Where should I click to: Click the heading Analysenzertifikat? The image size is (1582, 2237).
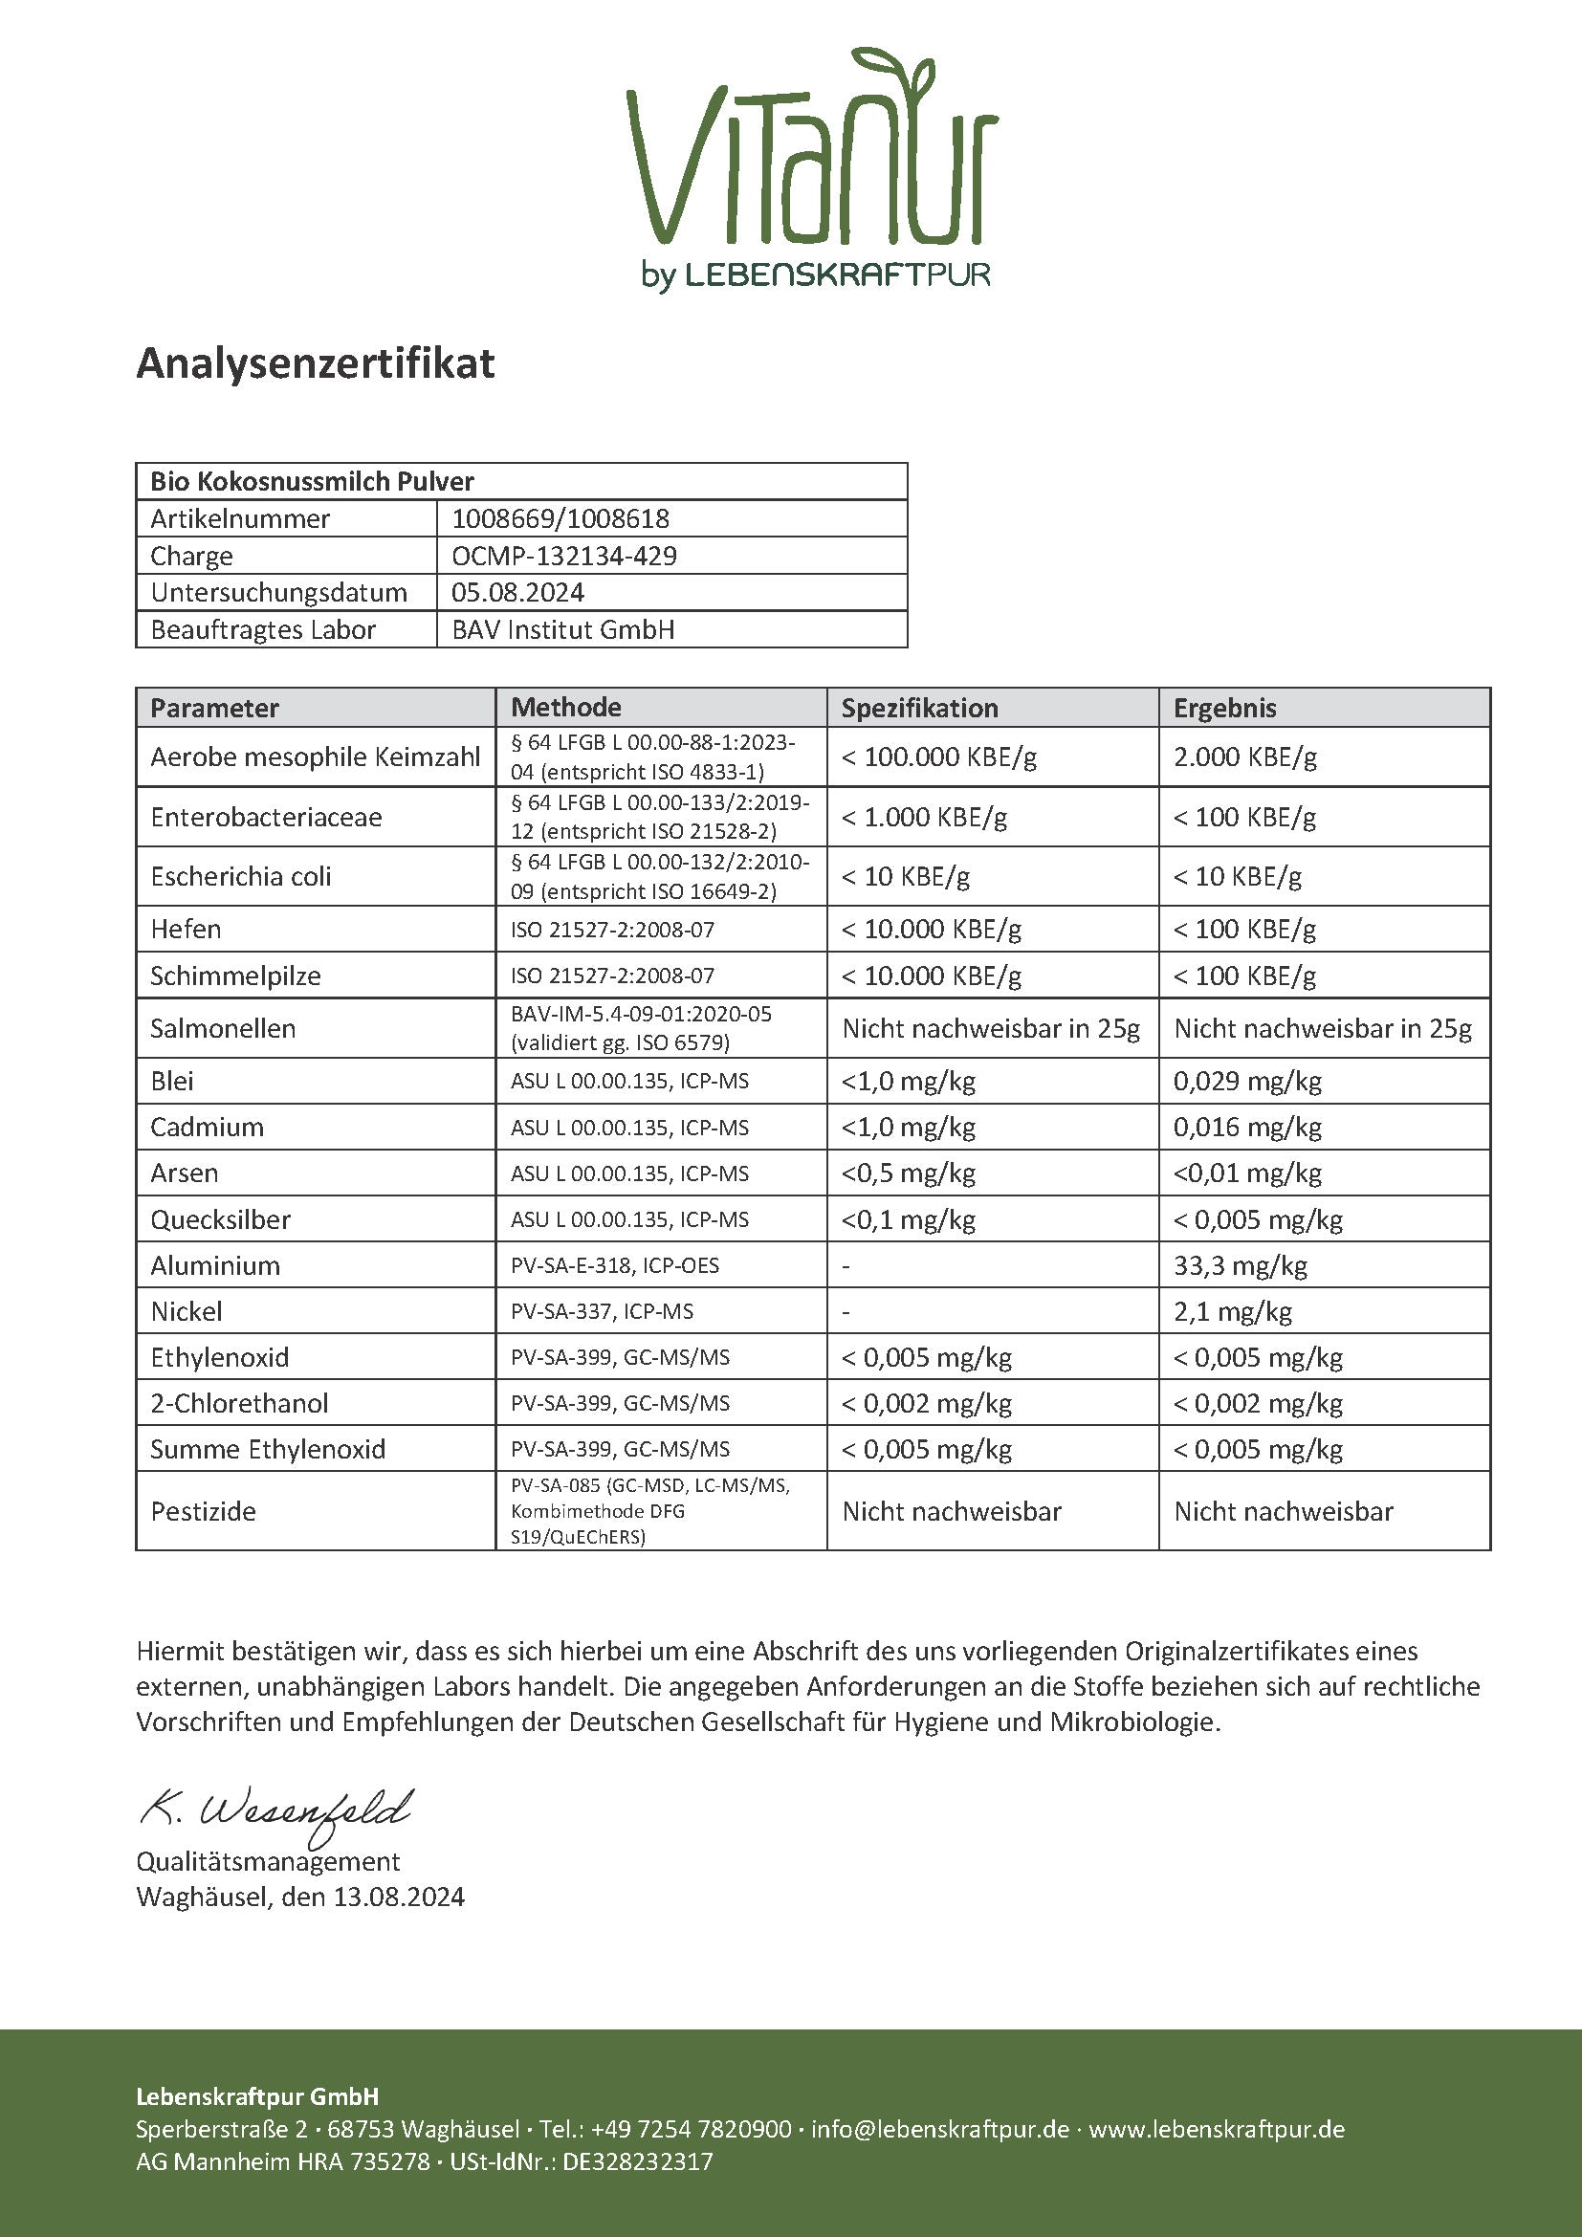[x=316, y=363]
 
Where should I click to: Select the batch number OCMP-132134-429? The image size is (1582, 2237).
[x=564, y=556]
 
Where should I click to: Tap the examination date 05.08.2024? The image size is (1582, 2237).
[x=517, y=592]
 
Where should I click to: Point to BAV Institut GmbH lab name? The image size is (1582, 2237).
[x=563, y=629]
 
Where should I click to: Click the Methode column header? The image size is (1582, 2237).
[x=566, y=708]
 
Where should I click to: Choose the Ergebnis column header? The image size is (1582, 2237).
[x=1224, y=708]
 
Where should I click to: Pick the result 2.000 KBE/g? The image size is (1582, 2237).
[x=1245, y=757]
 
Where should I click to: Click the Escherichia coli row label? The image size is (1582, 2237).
[x=241, y=876]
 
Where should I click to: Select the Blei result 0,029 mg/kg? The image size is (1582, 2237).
[x=1247, y=1081]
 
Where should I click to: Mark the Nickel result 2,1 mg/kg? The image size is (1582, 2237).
[x=1232, y=1311]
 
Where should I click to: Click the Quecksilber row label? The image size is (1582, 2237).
[x=220, y=1219]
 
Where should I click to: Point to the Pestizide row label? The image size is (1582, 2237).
[x=203, y=1511]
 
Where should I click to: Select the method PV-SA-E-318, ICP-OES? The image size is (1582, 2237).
[x=615, y=1265]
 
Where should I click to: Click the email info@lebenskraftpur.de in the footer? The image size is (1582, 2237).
[x=940, y=2129]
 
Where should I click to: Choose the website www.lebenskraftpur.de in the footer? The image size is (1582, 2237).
[x=1217, y=2129]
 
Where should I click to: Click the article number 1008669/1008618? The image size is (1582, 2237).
[x=560, y=518]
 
